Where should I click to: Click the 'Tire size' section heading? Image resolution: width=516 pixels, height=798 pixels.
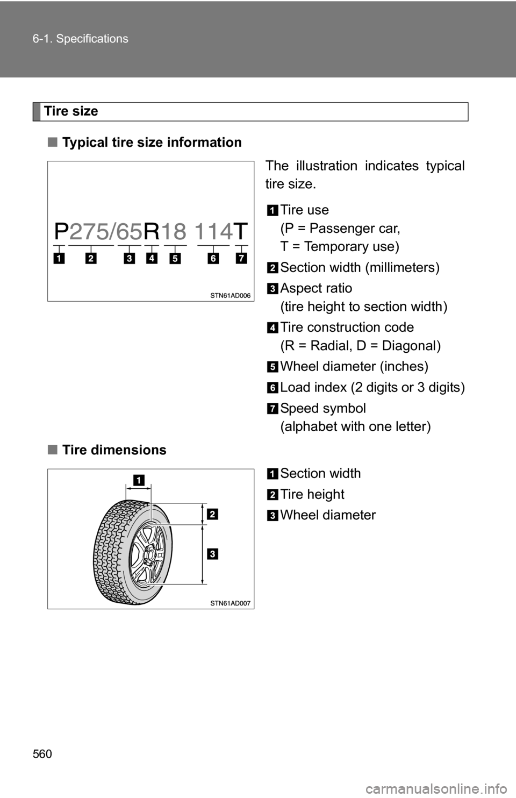click(x=71, y=111)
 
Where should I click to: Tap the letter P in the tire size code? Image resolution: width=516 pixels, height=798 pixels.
click(x=62, y=232)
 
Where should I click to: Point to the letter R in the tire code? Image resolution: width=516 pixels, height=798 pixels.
click(x=152, y=232)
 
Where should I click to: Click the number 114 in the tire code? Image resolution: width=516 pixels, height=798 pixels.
click(x=213, y=232)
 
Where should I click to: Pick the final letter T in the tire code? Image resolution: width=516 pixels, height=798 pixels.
click(x=240, y=232)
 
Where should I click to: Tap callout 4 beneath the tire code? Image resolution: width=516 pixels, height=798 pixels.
click(x=152, y=259)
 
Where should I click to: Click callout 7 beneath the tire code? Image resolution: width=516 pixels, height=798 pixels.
click(x=241, y=259)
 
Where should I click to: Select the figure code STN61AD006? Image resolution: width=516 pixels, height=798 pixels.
click(x=231, y=295)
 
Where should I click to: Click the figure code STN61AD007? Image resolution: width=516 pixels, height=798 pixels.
click(x=231, y=603)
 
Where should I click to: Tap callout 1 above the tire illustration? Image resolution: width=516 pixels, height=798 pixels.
click(x=139, y=480)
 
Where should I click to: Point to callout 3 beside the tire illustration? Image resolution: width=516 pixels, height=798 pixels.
click(x=213, y=554)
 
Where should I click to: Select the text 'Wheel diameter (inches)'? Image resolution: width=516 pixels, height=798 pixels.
click(x=354, y=367)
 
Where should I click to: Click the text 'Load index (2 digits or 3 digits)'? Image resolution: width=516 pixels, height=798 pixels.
click(x=372, y=387)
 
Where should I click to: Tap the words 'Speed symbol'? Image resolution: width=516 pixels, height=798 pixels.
click(x=323, y=408)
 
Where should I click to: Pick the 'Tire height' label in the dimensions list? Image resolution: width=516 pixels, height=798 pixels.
click(x=312, y=494)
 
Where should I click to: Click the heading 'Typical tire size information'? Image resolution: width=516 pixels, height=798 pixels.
click(x=152, y=142)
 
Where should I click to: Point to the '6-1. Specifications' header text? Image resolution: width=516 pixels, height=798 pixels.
click(x=86, y=39)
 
